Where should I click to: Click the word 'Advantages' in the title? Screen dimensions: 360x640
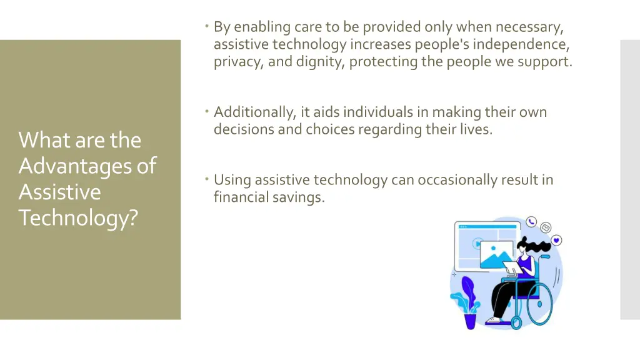pos(79,166)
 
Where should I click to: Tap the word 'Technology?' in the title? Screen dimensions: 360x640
pos(78,217)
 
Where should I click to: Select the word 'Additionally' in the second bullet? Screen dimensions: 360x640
pos(254,112)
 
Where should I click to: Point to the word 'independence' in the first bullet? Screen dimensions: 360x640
pos(526,44)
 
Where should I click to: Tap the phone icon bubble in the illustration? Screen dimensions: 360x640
pos(531,221)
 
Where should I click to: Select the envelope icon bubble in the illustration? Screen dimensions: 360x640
pos(546,227)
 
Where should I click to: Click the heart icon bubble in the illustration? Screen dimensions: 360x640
pos(556,240)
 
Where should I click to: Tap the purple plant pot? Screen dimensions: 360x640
pos(470,321)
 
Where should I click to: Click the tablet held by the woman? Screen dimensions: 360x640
pos(512,268)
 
